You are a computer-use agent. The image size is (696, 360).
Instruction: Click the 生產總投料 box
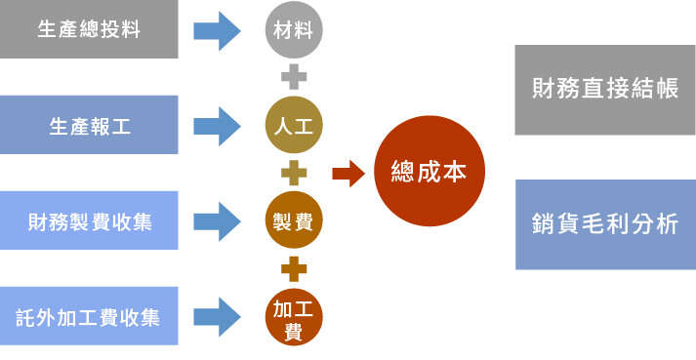(x=89, y=29)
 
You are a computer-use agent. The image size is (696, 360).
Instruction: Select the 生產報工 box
(x=89, y=125)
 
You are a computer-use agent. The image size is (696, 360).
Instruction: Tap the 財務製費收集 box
(x=89, y=220)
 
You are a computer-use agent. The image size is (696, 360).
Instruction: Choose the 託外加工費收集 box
(x=89, y=316)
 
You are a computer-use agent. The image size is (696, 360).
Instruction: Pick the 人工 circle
(x=293, y=126)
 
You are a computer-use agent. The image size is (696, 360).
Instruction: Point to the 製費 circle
(x=293, y=220)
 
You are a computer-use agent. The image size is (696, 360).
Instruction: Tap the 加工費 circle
(x=293, y=317)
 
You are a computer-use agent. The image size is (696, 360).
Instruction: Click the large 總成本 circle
(x=429, y=173)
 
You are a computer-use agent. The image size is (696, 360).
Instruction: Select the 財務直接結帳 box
(x=604, y=89)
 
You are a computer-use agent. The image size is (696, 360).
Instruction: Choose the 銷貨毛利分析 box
(x=604, y=224)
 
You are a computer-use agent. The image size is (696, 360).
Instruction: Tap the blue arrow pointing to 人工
(x=217, y=126)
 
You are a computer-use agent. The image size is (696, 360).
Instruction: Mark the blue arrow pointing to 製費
(x=217, y=220)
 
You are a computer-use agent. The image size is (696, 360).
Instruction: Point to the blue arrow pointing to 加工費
(x=217, y=316)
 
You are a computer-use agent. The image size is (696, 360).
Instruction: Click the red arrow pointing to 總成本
(x=348, y=174)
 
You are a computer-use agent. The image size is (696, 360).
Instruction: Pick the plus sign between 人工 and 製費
(x=293, y=174)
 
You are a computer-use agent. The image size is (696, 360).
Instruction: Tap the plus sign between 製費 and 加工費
(x=293, y=268)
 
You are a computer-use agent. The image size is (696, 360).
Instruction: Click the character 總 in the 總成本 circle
(x=402, y=173)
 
